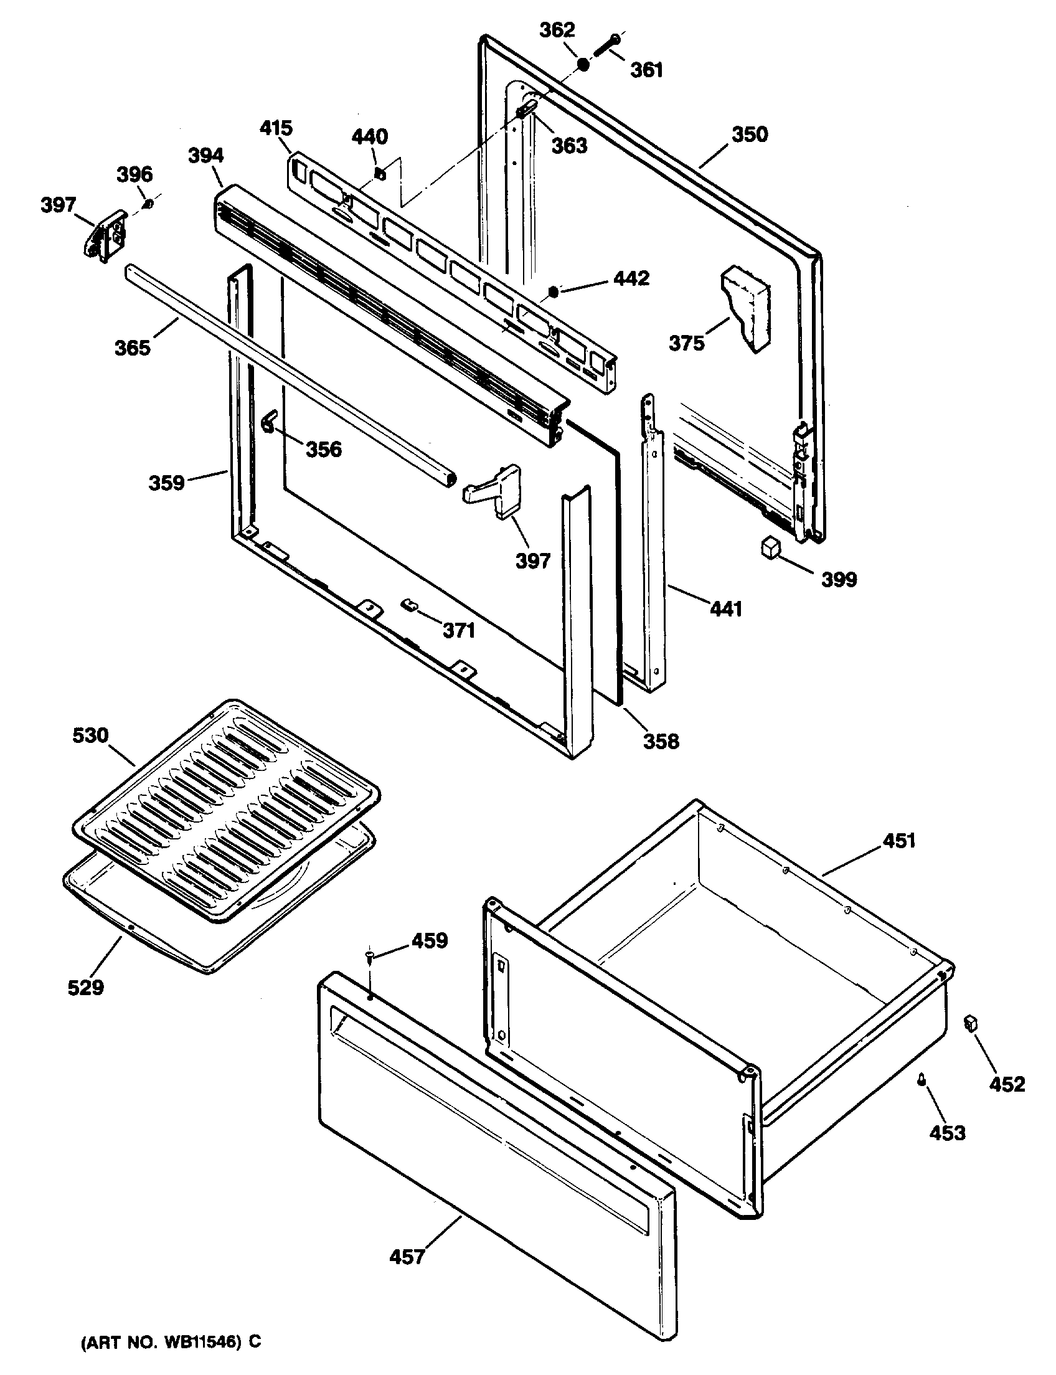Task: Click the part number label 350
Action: coord(750,135)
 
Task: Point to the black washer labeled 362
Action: coord(584,64)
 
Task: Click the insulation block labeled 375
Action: coord(746,308)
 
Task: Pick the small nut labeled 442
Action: coord(554,291)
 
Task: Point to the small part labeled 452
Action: coord(971,1023)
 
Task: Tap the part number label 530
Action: coord(90,735)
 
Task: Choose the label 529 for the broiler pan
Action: coord(85,988)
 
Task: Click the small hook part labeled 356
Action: coord(269,420)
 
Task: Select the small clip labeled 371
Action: coord(409,605)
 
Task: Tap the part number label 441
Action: coord(726,608)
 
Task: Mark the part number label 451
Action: coord(900,840)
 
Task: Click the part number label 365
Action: coord(133,347)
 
